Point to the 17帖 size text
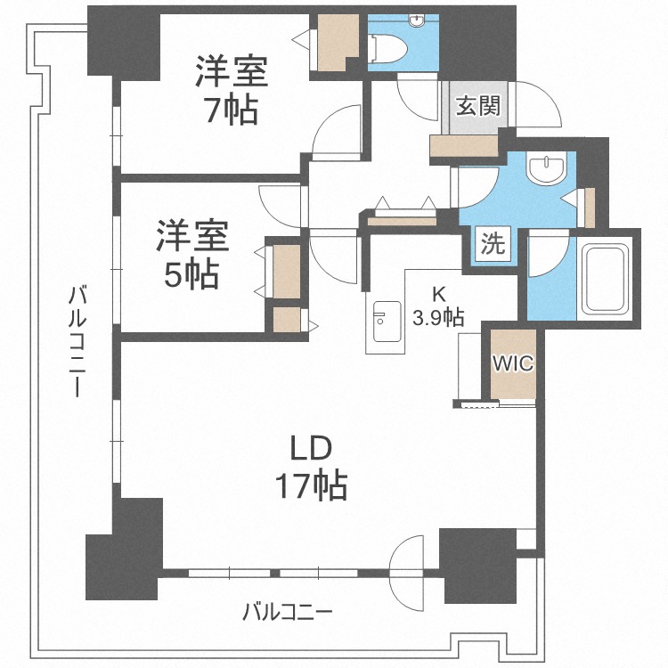(x=311, y=485)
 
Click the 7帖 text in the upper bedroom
(x=229, y=111)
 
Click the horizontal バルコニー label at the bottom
(x=288, y=612)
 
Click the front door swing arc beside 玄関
(x=541, y=105)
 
